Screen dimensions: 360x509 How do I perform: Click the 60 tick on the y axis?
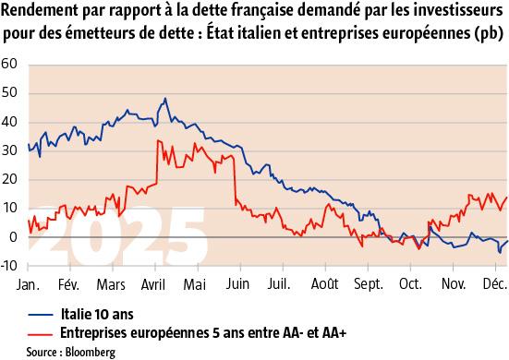pos(10,65)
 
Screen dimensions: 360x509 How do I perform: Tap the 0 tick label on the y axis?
pos(14,237)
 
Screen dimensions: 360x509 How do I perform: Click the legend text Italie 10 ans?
pos(98,313)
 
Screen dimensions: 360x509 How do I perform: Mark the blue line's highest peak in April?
pos(164,99)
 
